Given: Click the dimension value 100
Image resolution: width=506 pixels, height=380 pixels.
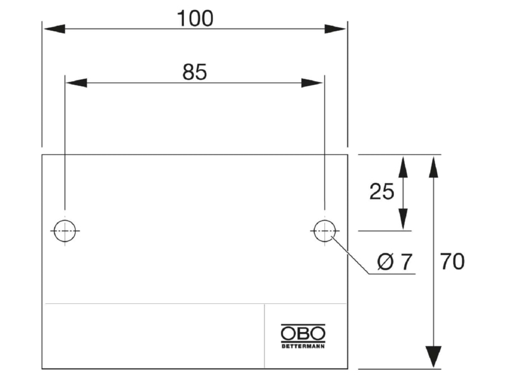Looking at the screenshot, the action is point(195,18).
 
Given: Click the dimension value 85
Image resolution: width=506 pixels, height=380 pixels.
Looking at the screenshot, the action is point(195,72).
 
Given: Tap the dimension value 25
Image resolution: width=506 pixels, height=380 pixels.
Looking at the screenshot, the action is point(382,191).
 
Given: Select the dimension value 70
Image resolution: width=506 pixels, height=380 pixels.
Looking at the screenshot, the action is point(452,262).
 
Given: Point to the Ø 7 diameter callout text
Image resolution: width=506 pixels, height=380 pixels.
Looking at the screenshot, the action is point(395,262).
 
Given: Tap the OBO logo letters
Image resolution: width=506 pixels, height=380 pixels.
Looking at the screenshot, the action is point(303,333).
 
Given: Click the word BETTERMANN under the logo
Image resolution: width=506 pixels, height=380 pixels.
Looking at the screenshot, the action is point(303,346).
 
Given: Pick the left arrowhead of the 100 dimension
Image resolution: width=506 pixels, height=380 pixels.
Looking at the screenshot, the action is point(54,28).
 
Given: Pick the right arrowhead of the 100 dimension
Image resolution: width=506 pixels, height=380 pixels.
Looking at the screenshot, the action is point(335,28).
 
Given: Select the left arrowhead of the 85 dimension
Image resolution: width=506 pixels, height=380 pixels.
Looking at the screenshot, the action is point(77,83).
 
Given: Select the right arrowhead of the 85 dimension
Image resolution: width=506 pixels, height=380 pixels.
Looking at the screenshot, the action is point(312,83).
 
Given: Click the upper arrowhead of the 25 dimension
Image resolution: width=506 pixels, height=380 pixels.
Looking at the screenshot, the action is point(403,167).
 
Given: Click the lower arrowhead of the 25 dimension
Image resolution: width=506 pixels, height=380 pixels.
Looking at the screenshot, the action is point(403,219).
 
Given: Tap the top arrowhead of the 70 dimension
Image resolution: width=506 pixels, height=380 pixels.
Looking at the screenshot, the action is point(433,167).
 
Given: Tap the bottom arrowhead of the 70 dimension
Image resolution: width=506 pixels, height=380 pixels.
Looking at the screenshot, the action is point(433,357).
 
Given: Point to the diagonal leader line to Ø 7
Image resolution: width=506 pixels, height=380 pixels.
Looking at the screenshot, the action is point(350,256).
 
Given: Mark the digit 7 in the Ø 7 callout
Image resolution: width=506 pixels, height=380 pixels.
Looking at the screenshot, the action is point(407,262).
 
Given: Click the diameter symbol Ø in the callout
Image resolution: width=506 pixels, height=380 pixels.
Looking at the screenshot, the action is point(385,262).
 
